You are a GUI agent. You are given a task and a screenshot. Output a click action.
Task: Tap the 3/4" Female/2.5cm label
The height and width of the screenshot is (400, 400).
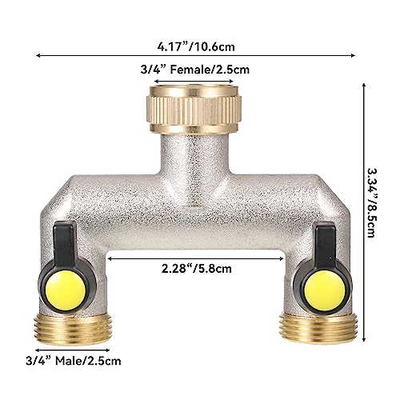(x=194, y=69)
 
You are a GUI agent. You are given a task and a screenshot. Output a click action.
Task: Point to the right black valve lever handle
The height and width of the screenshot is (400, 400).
(x=325, y=242)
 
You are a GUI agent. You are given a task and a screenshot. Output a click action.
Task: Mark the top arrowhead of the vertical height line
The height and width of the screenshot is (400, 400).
(x=365, y=85)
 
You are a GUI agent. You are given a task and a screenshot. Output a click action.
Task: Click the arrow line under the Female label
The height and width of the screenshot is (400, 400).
(x=194, y=81)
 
